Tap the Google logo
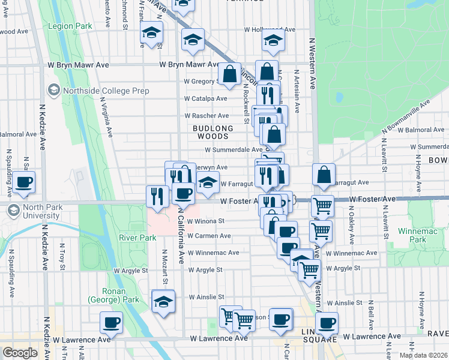pyautogui.click(x=20, y=353)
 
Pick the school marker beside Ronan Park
pyautogui.click(x=163, y=301)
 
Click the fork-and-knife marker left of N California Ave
pyautogui.click(x=157, y=196)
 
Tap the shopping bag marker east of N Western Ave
pyautogui.click(x=324, y=175)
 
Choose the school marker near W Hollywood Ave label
pyautogui.click(x=273, y=41)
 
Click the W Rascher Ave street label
pyautogui.click(x=206, y=116)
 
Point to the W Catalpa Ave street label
pyautogui.click(x=205, y=98)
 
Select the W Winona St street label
pyautogui.click(x=205, y=221)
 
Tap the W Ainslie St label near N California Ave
pyautogui.click(x=206, y=297)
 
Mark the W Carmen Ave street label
pyautogui.click(x=209, y=236)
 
